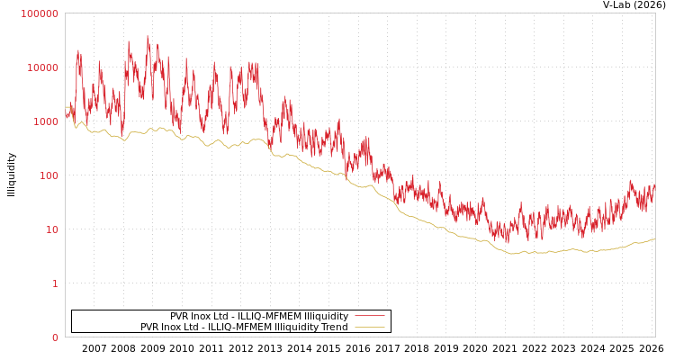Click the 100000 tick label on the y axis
click(40, 13)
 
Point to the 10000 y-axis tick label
click(42, 67)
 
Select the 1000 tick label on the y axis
click(45, 121)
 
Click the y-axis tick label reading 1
click(54, 283)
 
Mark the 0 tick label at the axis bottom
click(54, 337)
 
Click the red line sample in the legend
click(369, 316)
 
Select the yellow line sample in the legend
click(369, 327)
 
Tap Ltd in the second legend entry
click(191, 327)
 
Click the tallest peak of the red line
click(148, 36)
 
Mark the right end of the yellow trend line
click(654, 238)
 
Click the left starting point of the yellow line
click(66, 109)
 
